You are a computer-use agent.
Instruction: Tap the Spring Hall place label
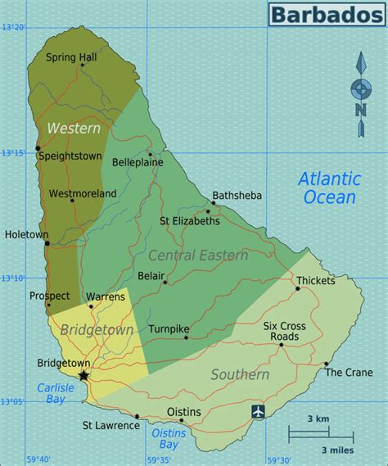(x=70, y=57)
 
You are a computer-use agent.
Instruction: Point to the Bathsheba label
(x=237, y=196)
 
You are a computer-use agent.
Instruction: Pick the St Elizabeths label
(x=189, y=220)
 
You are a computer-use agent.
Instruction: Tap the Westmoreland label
(x=83, y=193)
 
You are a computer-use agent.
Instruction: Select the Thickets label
(x=316, y=280)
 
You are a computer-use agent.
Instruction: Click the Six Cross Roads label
(x=284, y=331)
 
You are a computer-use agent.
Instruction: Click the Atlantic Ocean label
(x=327, y=188)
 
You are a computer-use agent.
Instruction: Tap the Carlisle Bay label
(x=55, y=393)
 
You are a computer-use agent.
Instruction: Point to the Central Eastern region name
(x=198, y=256)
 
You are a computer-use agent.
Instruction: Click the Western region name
(x=74, y=129)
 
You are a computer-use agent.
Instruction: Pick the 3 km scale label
(x=318, y=419)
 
